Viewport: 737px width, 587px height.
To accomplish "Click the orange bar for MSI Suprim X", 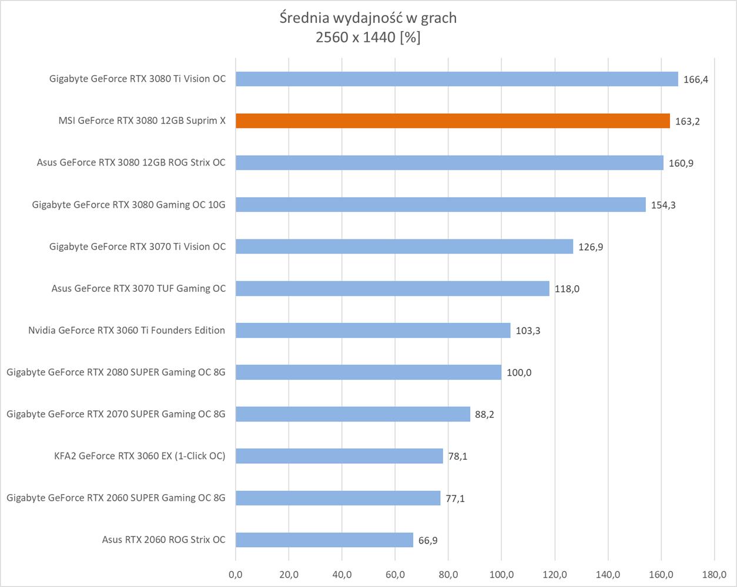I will click(x=453, y=121).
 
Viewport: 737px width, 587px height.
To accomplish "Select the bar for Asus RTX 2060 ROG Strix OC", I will click(x=324, y=539).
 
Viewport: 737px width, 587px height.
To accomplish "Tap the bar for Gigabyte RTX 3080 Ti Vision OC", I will click(x=457, y=79).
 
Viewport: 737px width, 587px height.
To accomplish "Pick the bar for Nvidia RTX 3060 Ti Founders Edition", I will click(x=373, y=330).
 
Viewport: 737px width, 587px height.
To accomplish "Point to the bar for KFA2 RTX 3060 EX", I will click(x=339, y=456).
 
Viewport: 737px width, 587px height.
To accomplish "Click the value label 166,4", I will click(x=695, y=79).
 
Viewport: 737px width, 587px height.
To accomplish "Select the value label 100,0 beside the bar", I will click(x=519, y=373).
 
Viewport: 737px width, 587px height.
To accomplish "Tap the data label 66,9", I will click(x=428, y=540).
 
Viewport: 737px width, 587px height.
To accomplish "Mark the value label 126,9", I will click(x=591, y=247).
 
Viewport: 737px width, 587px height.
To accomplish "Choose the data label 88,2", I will click(x=484, y=414).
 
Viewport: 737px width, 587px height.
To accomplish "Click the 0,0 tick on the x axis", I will click(x=236, y=574).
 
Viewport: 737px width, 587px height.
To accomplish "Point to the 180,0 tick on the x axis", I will click(x=714, y=574).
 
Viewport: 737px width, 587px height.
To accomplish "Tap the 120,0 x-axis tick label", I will click(x=555, y=574).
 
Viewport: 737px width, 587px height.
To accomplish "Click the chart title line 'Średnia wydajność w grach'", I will click(x=368, y=18).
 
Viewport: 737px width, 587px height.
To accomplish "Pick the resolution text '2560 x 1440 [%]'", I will click(x=368, y=38).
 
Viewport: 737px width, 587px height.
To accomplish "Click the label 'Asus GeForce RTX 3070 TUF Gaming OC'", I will click(x=138, y=288).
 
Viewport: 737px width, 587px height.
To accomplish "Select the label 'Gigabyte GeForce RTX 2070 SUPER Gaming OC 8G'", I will click(x=116, y=414).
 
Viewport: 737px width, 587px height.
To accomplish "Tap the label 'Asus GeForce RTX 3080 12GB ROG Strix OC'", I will click(x=131, y=163).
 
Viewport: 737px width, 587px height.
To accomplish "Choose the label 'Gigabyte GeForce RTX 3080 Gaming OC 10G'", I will click(x=129, y=205).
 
